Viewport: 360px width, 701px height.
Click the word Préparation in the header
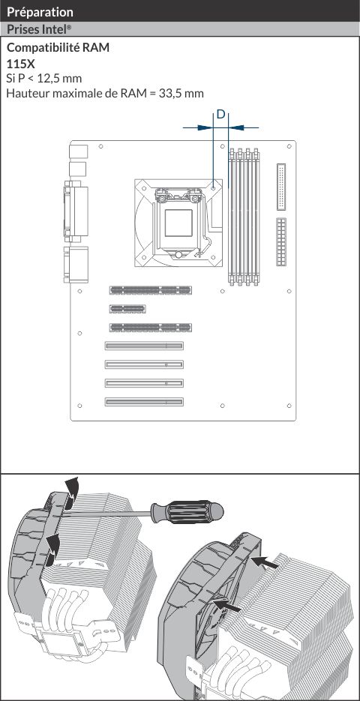(40, 12)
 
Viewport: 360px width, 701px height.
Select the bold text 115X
(21, 64)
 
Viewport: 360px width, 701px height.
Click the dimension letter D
(221, 115)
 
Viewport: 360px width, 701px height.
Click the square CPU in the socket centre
(178, 223)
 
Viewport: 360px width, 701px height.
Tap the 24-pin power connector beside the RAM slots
(281, 242)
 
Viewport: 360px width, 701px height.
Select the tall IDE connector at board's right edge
(281, 187)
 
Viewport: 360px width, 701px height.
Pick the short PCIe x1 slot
(127, 308)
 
